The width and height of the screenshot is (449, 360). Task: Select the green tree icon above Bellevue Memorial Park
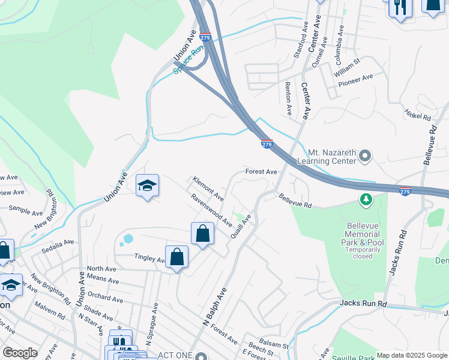click(364, 199)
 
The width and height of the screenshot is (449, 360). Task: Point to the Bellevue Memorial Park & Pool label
click(365, 235)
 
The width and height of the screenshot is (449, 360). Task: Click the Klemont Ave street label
click(208, 189)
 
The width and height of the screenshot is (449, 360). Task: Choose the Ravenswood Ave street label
click(211, 209)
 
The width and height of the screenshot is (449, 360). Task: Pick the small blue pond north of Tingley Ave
click(127, 240)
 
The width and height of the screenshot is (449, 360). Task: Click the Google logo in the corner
click(20, 353)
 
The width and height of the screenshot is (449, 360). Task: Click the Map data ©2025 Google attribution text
click(412, 355)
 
